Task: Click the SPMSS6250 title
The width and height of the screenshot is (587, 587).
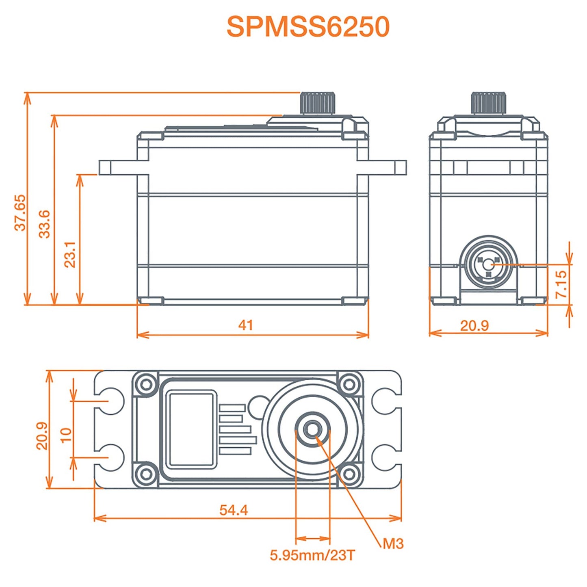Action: point(308,27)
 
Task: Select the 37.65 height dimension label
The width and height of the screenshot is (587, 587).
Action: point(20,212)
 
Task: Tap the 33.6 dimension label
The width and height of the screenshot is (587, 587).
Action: point(45,224)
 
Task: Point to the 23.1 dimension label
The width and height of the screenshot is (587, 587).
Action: point(70,254)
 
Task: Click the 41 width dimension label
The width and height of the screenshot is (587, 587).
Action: point(245,325)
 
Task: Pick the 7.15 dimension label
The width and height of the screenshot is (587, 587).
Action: point(561,284)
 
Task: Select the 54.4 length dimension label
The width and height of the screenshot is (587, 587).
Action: point(234,510)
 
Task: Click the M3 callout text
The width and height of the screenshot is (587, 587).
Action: point(393,544)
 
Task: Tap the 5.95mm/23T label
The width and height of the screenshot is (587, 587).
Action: point(312,555)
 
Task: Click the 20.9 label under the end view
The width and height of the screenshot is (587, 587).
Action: point(474,325)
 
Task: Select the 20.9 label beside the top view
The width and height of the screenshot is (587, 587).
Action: point(42,435)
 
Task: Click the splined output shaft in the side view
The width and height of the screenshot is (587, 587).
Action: point(318,104)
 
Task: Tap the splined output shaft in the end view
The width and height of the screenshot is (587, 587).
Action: point(489,103)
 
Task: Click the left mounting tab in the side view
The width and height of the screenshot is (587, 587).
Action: point(118,167)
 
